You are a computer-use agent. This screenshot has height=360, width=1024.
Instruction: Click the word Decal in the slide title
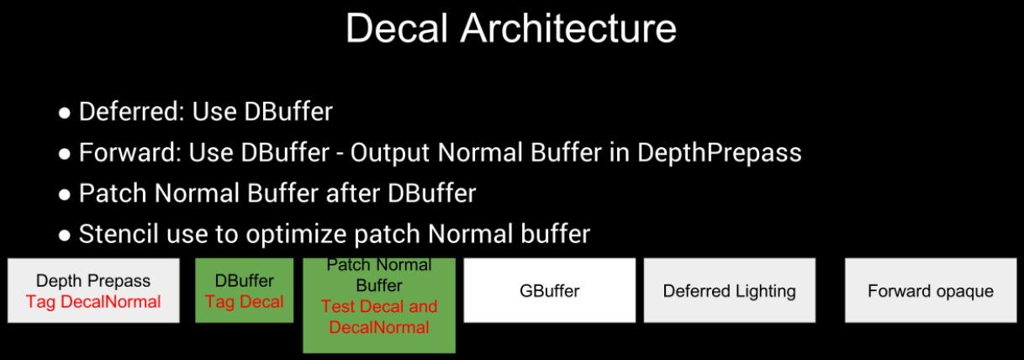tap(396, 29)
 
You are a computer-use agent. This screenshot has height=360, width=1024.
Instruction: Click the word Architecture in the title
tap(568, 29)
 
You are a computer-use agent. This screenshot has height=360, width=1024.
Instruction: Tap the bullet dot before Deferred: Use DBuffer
tap(65, 113)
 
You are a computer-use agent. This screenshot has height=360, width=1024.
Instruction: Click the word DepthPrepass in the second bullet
tap(719, 153)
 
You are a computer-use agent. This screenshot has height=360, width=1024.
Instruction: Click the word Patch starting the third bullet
tap(113, 193)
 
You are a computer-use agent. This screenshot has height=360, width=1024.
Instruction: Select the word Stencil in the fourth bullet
tap(119, 234)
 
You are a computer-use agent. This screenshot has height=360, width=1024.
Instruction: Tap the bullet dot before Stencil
tap(65, 236)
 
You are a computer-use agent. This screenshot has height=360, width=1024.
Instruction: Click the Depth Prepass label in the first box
tap(93, 281)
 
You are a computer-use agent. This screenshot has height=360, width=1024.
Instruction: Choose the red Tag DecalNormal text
tap(93, 302)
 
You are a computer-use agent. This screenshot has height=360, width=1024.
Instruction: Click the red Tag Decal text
tap(244, 302)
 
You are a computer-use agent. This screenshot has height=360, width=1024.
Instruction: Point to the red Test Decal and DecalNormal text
tap(379, 316)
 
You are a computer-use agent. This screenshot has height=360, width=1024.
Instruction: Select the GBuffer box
tap(550, 290)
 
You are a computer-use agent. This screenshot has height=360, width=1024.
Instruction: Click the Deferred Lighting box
tap(730, 290)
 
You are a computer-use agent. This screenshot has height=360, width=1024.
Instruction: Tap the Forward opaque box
tap(931, 290)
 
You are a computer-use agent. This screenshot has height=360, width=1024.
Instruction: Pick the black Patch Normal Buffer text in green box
tap(379, 275)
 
